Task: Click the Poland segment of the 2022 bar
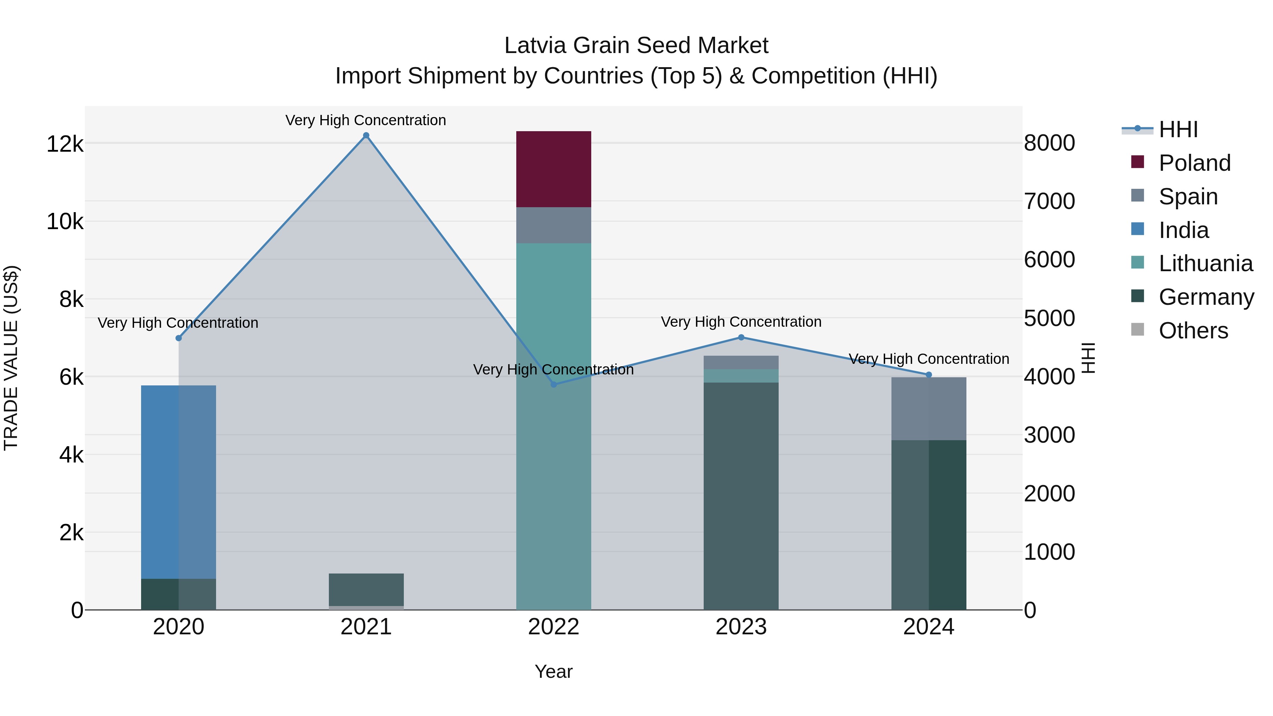coord(553,169)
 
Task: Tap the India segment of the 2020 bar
coord(179,482)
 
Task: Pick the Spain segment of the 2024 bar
coord(929,409)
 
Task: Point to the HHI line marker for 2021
coord(366,135)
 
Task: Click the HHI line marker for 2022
coord(553,384)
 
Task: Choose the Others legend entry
coord(1193,331)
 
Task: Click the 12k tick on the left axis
coord(65,144)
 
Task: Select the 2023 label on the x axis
coord(741,627)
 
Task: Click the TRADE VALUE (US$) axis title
coord(11,358)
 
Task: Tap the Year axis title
coord(553,671)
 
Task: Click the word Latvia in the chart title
coord(535,46)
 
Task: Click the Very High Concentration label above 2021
coord(366,120)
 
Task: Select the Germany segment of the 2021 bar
coord(366,589)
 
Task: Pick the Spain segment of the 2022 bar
coord(553,225)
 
